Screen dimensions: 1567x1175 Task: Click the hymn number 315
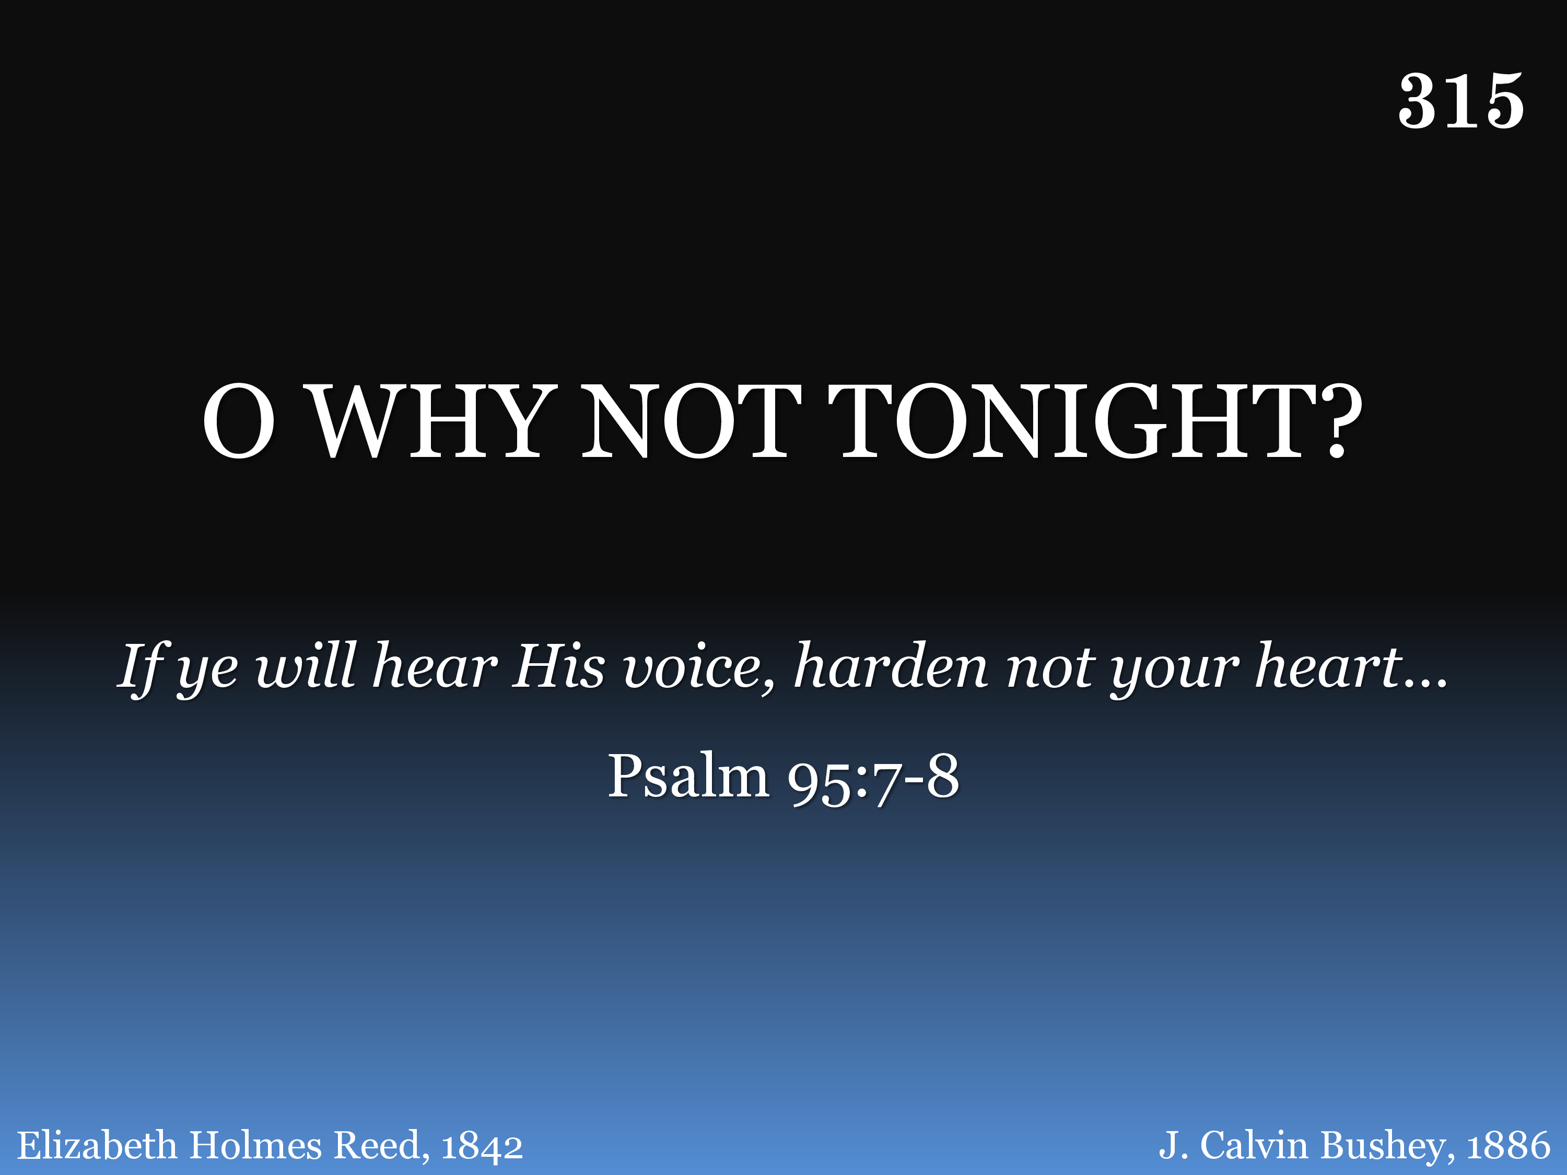1461,101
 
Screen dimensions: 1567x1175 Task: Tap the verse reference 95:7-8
873,779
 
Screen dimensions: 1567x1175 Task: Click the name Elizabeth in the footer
96,1145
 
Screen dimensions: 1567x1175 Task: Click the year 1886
1508,1146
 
